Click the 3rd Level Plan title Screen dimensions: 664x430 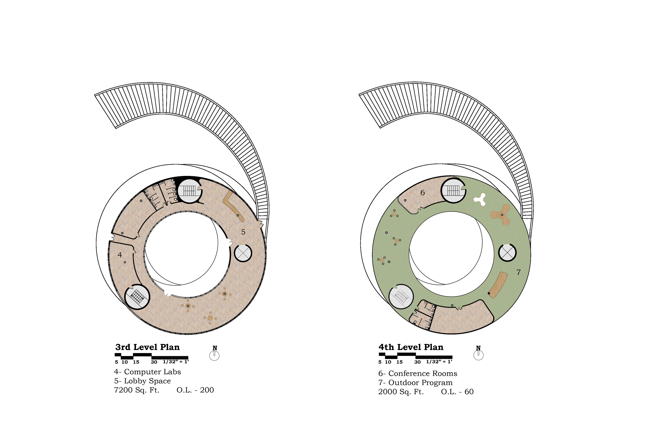(x=148, y=347)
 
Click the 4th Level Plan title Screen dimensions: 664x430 (x=411, y=347)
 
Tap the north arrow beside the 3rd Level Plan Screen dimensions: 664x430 (x=214, y=353)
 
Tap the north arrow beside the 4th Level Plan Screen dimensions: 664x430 (x=478, y=353)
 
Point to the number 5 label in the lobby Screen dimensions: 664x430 (x=243, y=232)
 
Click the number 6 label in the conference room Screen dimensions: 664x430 (x=422, y=193)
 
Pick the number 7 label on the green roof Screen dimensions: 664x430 (x=519, y=272)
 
